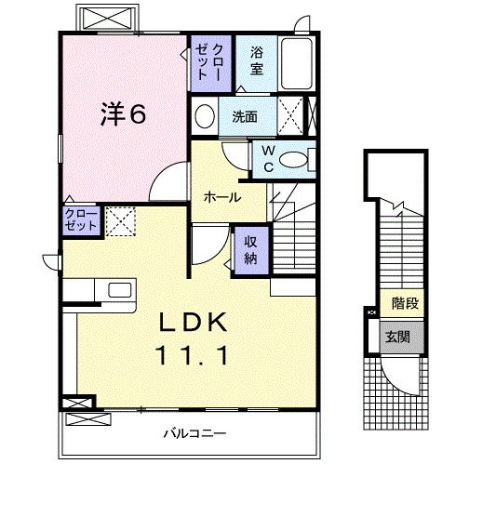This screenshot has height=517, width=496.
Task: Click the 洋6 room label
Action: click(x=122, y=115)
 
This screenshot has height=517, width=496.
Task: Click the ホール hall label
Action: click(x=223, y=197)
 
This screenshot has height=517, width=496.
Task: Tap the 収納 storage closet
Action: click(x=250, y=249)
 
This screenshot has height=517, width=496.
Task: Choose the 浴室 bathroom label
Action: click(x=257, y=61)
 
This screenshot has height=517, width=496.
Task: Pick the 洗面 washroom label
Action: click(x=246, y=118)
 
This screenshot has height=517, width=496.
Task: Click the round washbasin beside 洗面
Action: click(x=205, y=118)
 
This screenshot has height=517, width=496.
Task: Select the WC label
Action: click(x=266, y=158)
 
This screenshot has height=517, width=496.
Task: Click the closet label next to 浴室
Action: click(x=210, y=60)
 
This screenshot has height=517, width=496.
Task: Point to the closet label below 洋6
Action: click(x=80, y=220)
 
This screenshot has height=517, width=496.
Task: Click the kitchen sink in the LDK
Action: click(x=120, y=289)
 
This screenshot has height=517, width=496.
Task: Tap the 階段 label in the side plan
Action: click(x=404, y=302)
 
